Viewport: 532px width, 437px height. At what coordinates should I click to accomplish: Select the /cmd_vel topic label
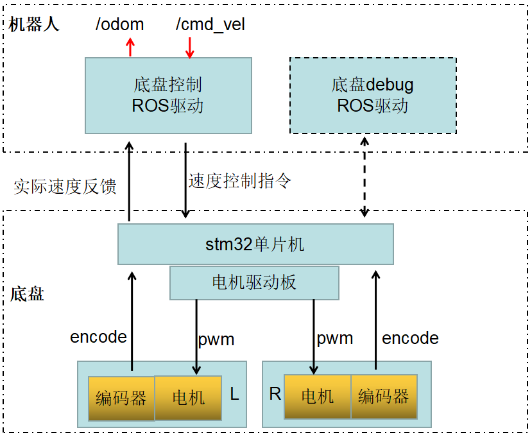[210, 25]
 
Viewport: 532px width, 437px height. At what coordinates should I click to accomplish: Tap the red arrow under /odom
[130, 47]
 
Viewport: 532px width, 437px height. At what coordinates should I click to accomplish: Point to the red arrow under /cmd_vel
[189, 47]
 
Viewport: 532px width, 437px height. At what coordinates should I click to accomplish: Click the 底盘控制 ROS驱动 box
[168, 95]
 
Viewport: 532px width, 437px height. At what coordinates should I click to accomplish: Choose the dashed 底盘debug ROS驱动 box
[373, 95]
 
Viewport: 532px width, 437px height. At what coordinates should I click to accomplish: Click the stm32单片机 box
[255, 244]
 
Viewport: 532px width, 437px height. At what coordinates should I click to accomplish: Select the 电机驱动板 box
[254, 282]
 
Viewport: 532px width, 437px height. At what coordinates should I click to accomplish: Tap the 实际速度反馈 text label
[65, 187]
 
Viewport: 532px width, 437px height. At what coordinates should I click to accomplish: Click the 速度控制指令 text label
[240, 181]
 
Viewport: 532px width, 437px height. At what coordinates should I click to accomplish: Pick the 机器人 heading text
[34, 25]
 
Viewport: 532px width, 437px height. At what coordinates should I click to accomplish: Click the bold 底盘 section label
[28, 295]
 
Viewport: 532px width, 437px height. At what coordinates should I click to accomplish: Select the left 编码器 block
[121, 398]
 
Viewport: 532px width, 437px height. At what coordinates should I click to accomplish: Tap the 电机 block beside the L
[189, 397]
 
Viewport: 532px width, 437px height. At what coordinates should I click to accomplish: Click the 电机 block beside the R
[318, 396]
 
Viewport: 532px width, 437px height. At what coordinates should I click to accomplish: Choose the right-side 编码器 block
[384, 396]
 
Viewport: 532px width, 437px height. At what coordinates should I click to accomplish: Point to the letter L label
[234, 394]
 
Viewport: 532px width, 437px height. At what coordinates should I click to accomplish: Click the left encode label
[98, 337]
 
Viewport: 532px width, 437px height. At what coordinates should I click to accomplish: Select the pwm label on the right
[335, 338]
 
